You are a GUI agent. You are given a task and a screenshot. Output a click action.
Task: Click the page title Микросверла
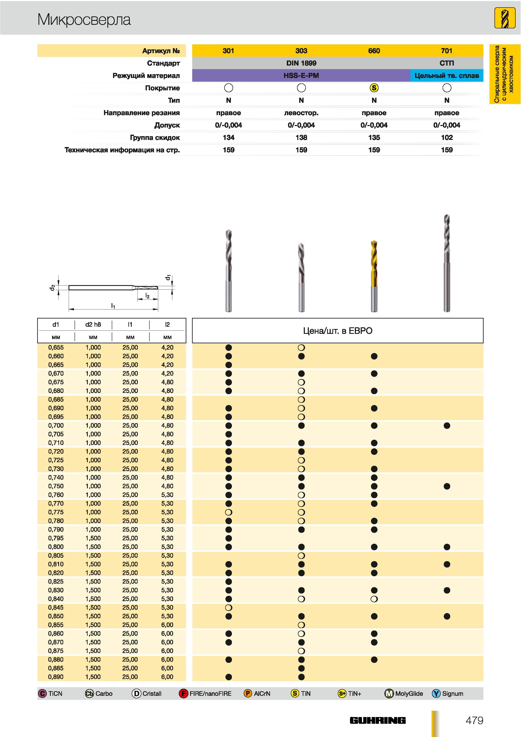[x=84, y=20]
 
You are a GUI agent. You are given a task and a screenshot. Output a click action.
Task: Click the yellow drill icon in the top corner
[x=505, y=18]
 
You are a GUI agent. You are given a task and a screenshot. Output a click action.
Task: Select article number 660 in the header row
[x=374, y=51]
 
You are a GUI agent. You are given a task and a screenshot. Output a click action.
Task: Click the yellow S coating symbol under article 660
[x=374, y=88]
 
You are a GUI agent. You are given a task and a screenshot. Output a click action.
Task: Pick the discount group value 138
[x=301, y=138]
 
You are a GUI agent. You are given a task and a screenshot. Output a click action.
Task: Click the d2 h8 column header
[x=93, y=325]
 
